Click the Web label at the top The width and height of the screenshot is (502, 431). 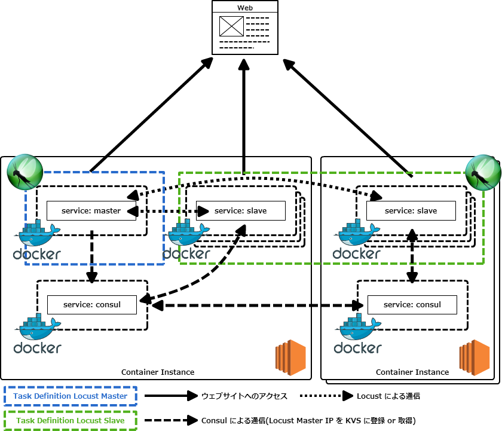pyautogui.click(x=245, y=8)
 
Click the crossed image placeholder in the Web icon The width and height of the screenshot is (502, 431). pyautogui.click(x=231, y=26)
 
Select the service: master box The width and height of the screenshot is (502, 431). pyautogui.click(x=91, y=210)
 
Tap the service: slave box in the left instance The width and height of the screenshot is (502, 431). pyautogui.click(x=240, y=210)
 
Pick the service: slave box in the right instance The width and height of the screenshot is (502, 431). pyautogui.click(x=411, y=210)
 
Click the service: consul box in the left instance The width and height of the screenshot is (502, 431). pyautogui.click(x=92, y=304)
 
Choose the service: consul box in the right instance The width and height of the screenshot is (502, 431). pyautogui.click(x=412, y=304)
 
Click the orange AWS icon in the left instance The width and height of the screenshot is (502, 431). pyautogui.click(x=290, y=357)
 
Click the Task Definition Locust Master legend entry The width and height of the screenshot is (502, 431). pyautogui.click(x=71, y=396)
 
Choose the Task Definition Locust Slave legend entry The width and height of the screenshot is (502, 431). pyautogui.click(x=71, y=420)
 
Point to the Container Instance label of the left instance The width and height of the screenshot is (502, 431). pyautogui.click(x=158, y=372)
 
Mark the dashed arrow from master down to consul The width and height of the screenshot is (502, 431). pyautogui.click(x=91, y=257)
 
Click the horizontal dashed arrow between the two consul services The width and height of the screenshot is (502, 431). pyautogui.click(x=257, y=305)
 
